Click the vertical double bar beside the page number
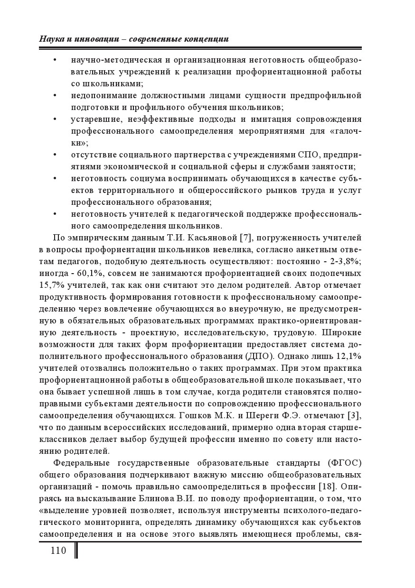coord(76,551)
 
